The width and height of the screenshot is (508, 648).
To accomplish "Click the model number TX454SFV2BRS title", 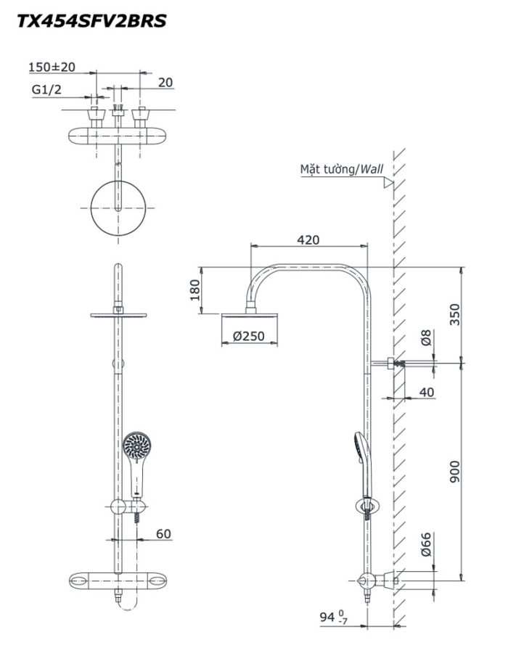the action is click(x=91, y=20).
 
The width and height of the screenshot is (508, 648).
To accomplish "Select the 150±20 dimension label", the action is click(x=52, y=67).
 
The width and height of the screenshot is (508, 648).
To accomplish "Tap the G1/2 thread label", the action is click(x=46, y=90).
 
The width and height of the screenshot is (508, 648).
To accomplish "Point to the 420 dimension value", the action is click(x=308, y=239).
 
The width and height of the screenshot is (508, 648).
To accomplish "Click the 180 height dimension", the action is click(x=194, y=290).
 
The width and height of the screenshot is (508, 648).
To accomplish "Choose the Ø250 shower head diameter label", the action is click(x=248, y=336).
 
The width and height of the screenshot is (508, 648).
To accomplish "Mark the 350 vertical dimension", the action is click(x=454, y=314).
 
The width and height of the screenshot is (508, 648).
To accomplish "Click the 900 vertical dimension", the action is click(x=454, y=472).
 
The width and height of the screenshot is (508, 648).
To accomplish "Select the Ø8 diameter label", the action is click(x=426, y=337).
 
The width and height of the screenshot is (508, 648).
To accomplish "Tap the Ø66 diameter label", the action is click(x=426, y=544).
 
